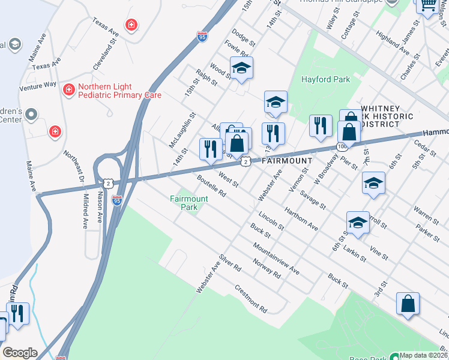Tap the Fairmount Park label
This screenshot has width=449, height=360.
click(188, 203)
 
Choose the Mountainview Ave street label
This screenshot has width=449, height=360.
click(276, 259)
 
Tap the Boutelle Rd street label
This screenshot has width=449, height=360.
click(211, 185)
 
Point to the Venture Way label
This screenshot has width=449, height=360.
click(38, 86)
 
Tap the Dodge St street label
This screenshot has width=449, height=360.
click(243, 39)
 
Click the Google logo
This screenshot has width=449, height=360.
click(20, 353)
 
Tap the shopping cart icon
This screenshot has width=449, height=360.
click(427, 6)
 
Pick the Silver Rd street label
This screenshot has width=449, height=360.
click(230, 262)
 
